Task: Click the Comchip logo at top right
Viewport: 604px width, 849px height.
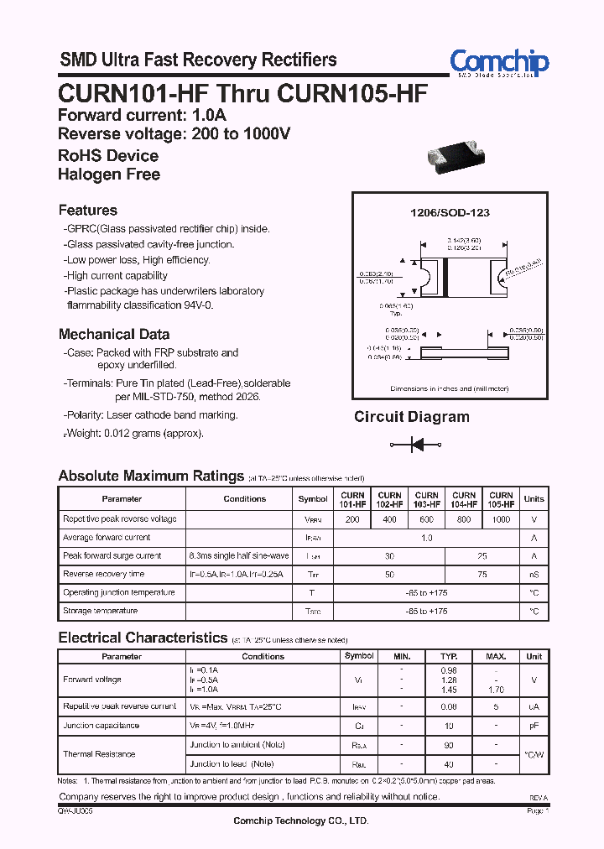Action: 498,62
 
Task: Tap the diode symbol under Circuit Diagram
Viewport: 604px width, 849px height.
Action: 411,444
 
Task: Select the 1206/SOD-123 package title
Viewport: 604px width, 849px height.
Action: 450,212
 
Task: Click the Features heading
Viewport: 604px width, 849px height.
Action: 87,211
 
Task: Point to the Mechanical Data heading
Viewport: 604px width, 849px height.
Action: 113,334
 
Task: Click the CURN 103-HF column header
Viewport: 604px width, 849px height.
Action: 427,499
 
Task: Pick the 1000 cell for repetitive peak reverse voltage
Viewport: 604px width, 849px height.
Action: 501,519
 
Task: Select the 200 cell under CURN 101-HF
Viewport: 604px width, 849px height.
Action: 352,519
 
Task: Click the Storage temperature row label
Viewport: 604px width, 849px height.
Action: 100,611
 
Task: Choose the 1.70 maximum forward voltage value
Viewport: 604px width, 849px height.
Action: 496,690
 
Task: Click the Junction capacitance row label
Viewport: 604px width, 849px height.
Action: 101,726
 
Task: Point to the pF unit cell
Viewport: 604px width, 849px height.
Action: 534,726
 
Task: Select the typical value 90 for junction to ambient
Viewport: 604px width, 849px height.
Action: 449,745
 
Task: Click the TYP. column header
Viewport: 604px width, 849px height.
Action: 449,656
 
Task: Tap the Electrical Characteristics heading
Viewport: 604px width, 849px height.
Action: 143,638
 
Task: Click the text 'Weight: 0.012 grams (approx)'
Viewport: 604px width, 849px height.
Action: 134,434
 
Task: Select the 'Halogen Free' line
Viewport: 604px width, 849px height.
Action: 108,174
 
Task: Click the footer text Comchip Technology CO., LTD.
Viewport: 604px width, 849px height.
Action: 301,820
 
